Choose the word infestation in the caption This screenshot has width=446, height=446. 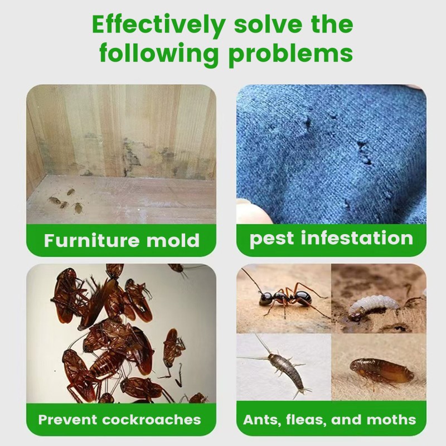[x=357, y=239]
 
